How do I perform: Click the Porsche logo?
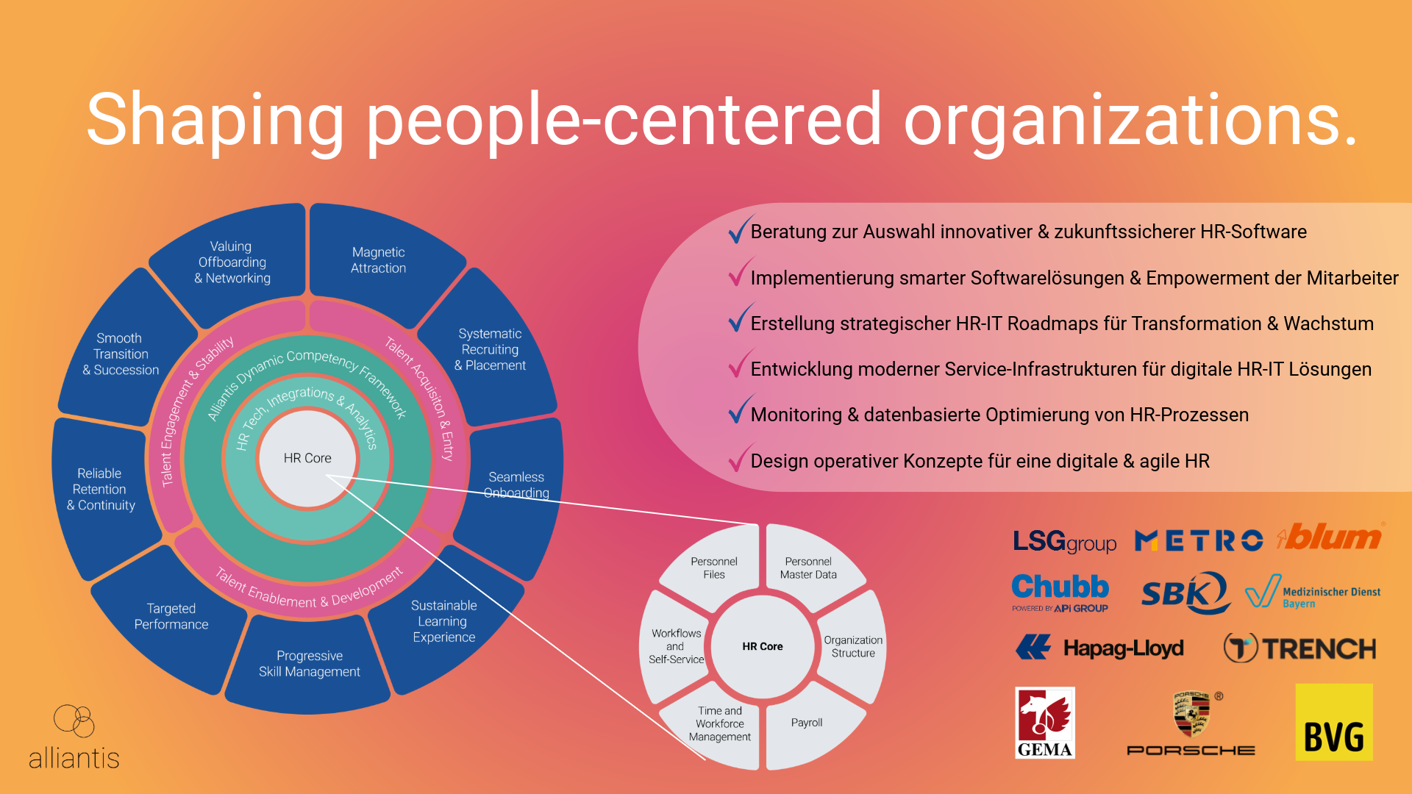click(x=1191, y=724)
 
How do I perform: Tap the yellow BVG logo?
click(x=1333, y=723)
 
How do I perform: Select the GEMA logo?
click(x=1044, y=723)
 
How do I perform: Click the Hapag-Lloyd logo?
click(x=1100, y=648)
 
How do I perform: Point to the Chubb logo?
click(x=1060, y=590)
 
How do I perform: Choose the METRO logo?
click(x=1199, y=541)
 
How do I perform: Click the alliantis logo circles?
click(x=74, y=720)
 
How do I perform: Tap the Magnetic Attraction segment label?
click(x=378, y=260)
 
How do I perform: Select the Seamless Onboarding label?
click(x=516, y=484)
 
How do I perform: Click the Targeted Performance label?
click(x=171, y=616)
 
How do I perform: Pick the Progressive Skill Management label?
click(x=309, y=663)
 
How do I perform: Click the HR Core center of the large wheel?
click(x=307, y=458)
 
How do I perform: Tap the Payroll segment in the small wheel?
click(x=807, y=723)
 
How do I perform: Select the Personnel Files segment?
click(x=713, y=568)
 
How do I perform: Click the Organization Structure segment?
click(x=853, y=646)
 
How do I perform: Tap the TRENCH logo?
click(x=1299, y=648)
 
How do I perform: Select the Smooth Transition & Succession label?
click(x=121, y=354)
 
